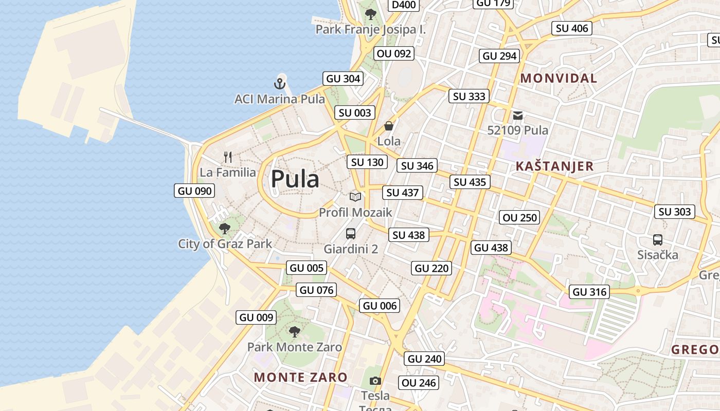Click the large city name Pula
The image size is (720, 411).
pos(295,179)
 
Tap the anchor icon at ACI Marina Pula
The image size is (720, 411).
pos(279,83)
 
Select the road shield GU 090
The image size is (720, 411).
pos(194,191)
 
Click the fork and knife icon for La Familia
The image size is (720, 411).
pos(228,157)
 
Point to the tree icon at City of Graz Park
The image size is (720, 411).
pos(224,228)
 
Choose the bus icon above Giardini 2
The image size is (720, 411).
pos(351,234)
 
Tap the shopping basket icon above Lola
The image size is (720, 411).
pos(389,126)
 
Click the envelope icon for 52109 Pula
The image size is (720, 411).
pos(517,116)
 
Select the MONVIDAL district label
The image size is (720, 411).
pos(559,79)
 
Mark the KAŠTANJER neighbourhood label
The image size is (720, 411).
pos(554,166)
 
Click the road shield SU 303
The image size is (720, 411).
pos(675,212)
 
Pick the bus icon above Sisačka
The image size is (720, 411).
pos(657,239)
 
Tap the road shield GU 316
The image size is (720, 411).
pos(589,292)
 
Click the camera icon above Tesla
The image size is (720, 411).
pos(375,381)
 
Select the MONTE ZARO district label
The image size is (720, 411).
pos(301,377)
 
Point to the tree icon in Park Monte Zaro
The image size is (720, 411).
pos(294,332)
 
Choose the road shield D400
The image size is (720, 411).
pos(404,5)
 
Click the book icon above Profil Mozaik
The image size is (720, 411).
pos(355,196)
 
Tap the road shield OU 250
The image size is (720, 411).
pos(520,217)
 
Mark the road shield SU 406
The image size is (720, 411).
pos(572,28)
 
